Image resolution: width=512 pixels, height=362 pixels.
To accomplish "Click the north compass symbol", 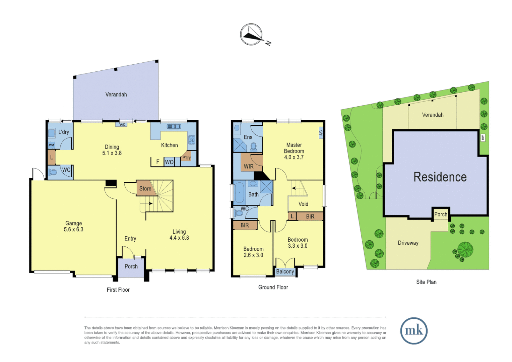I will (251, 35).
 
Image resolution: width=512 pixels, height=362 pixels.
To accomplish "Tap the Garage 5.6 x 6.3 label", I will (74, 227).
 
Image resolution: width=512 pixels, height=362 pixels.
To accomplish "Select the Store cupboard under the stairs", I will (145, 189).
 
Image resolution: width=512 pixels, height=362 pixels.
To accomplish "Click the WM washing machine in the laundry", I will (51, 145).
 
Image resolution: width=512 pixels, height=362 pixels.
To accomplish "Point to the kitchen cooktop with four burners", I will (192, 140).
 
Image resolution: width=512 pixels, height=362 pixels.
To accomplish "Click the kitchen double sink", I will (174, 127).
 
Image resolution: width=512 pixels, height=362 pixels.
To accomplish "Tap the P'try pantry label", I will (186, 158).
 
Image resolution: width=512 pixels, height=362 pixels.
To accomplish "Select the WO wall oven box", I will (169, 162).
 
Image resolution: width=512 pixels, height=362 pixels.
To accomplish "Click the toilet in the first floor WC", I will (53, 172).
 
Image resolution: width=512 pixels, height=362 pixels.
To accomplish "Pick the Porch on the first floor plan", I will (131, 267).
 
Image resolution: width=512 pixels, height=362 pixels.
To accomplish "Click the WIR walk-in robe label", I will (249, 167).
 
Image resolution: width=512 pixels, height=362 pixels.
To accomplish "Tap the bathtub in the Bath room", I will (239, 193).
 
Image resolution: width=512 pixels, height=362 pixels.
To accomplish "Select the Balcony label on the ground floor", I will (285, 272).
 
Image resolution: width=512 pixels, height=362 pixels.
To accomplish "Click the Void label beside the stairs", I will (303, 204).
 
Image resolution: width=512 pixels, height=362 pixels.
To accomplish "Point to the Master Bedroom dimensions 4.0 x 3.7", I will (294, 157).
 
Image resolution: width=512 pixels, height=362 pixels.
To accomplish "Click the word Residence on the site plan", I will (440, 177).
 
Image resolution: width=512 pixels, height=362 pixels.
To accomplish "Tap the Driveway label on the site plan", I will (408, 243).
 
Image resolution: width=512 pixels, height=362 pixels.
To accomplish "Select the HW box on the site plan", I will (483, 137).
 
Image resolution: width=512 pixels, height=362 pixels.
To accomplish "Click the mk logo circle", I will (414, 331).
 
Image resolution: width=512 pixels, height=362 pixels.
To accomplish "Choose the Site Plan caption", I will (426, 282).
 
